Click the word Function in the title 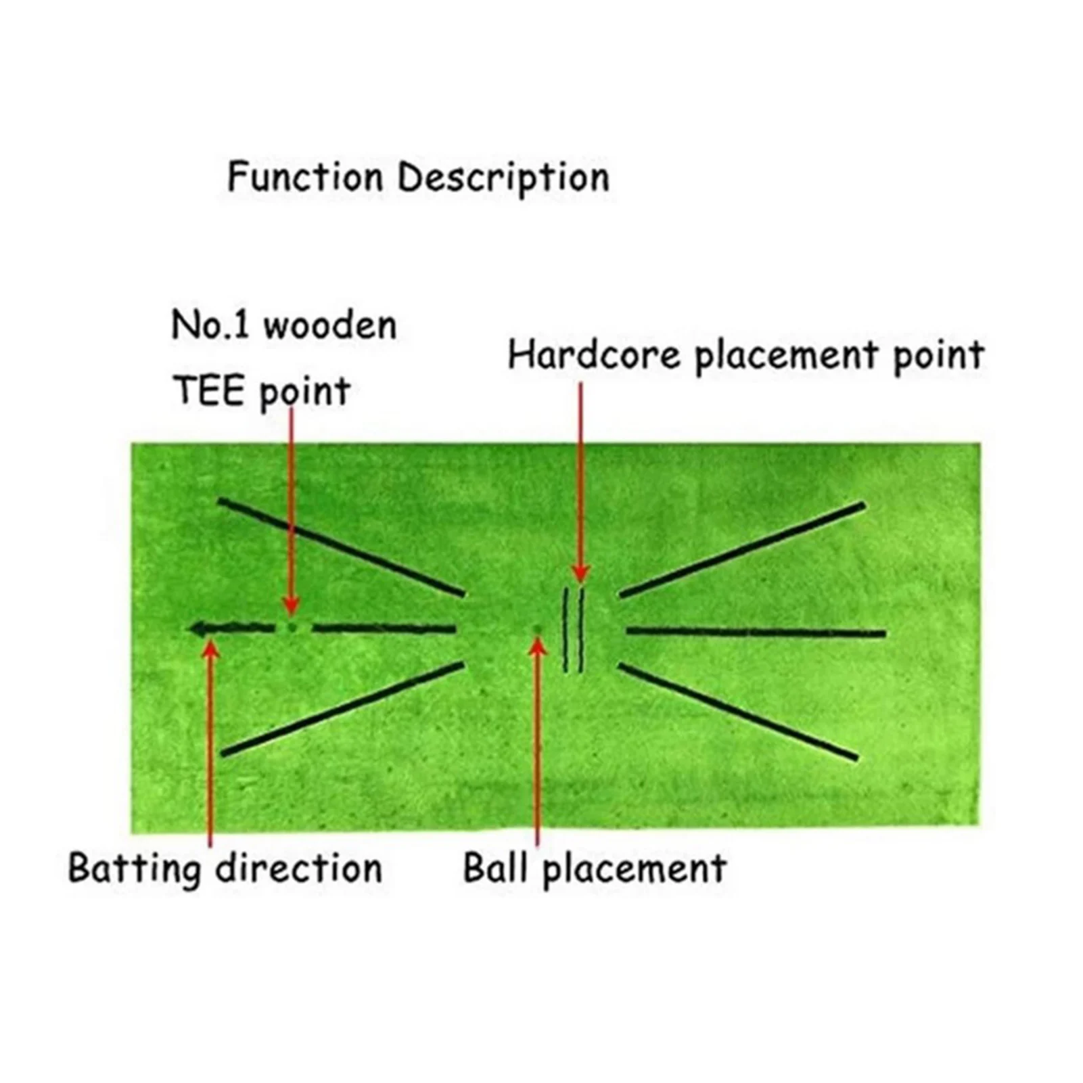pos(304,177)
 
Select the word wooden pos(329,325)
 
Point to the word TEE pos(207,390)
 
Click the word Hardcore pos(594,355)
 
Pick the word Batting pos(135,868)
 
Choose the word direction pos(299,868)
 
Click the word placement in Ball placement pos(635,869)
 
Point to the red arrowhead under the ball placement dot pos(538,645)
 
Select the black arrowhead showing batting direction pos(198,628)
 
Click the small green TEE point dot pos(292,627)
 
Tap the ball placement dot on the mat pos(538,628)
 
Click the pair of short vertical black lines pos(574,629)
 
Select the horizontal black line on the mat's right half pos(756,633)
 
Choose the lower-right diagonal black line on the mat pos(737,712)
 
